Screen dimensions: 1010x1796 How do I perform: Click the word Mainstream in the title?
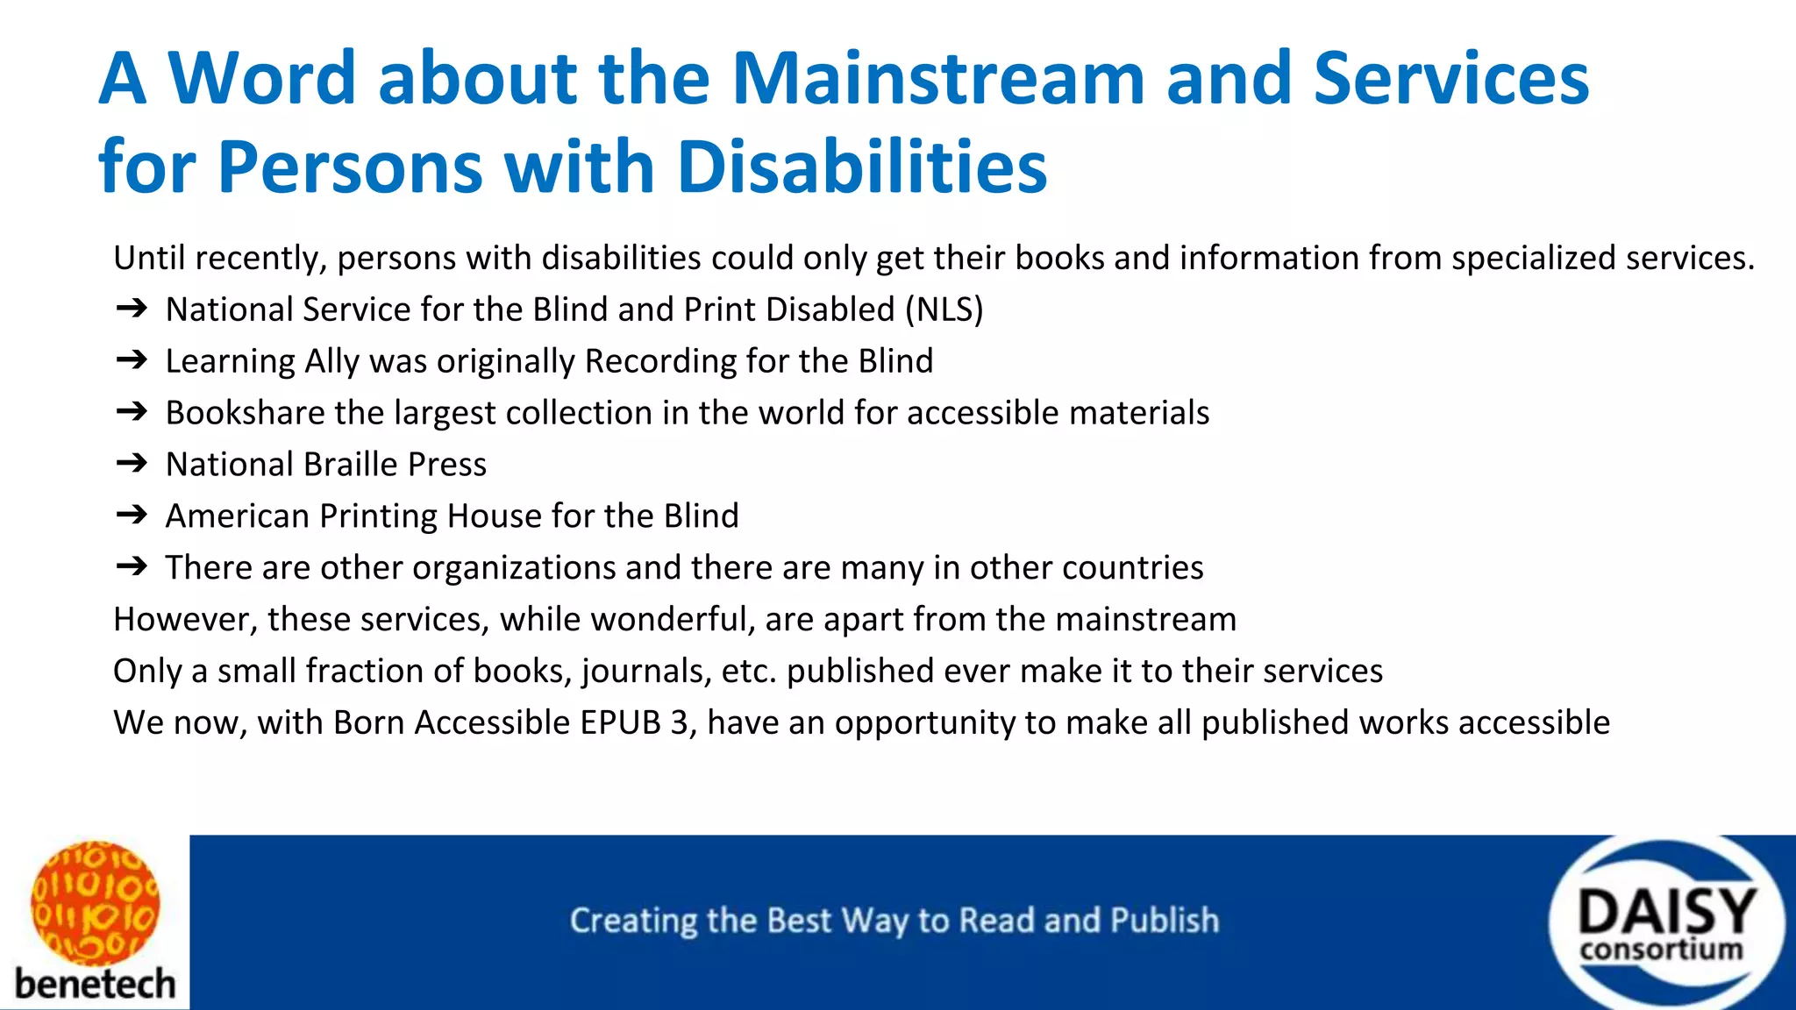click(x=937, y=79)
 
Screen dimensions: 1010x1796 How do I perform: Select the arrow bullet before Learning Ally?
click(x=132, y=360)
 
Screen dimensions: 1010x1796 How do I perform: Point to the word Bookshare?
click(x=245, y=413)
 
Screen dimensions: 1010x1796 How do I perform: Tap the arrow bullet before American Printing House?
click(x=132, y=515)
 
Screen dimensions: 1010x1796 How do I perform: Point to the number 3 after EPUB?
click(x=680, y=722)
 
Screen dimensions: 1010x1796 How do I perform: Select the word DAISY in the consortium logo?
click(x=1666, y=912)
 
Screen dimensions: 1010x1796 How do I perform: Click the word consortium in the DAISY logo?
click(x=1662, y=950)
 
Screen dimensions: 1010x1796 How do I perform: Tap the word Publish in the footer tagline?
click(x=1165, y=921)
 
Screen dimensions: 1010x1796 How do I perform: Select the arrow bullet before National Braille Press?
click(x=132, y=464)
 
